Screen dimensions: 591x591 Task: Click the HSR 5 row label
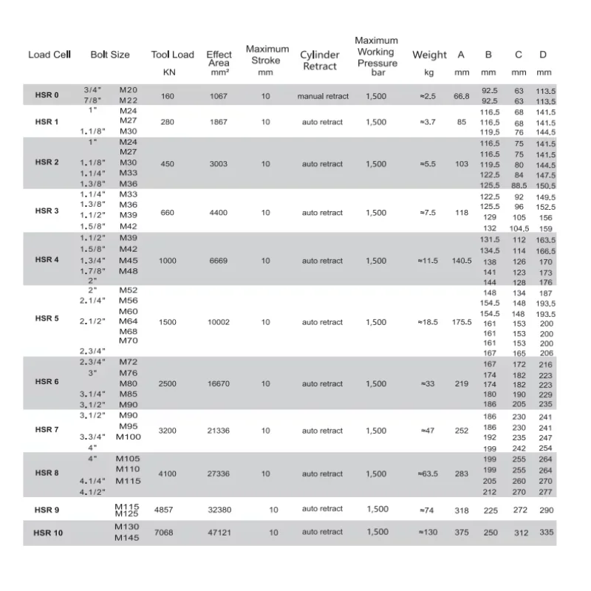(x=47, y=318)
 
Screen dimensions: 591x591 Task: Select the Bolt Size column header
(x=110, y=55)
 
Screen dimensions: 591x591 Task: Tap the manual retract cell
(x=321, y=96)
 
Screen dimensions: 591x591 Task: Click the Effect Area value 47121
(x=219, y=532)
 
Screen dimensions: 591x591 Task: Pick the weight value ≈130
(x=428, y=532)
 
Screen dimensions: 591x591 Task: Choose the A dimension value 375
(x=462, y=532)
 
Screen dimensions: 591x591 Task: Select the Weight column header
(x=429, y=55)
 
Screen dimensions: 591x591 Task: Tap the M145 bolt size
(x=128, y=537)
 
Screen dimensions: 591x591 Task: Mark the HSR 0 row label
(x=47, y=95)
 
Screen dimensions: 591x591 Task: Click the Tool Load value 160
(x=168, y=96)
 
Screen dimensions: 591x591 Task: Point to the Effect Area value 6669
(x=219, y=261)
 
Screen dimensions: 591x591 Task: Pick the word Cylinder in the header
(x=320, y=55)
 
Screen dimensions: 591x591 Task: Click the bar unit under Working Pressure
(x=378, y=73)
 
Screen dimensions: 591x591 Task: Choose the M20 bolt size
(x=129, y=89)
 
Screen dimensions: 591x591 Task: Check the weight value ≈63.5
(x=428, y=474)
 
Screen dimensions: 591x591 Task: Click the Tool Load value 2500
(x=168, y=384)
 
